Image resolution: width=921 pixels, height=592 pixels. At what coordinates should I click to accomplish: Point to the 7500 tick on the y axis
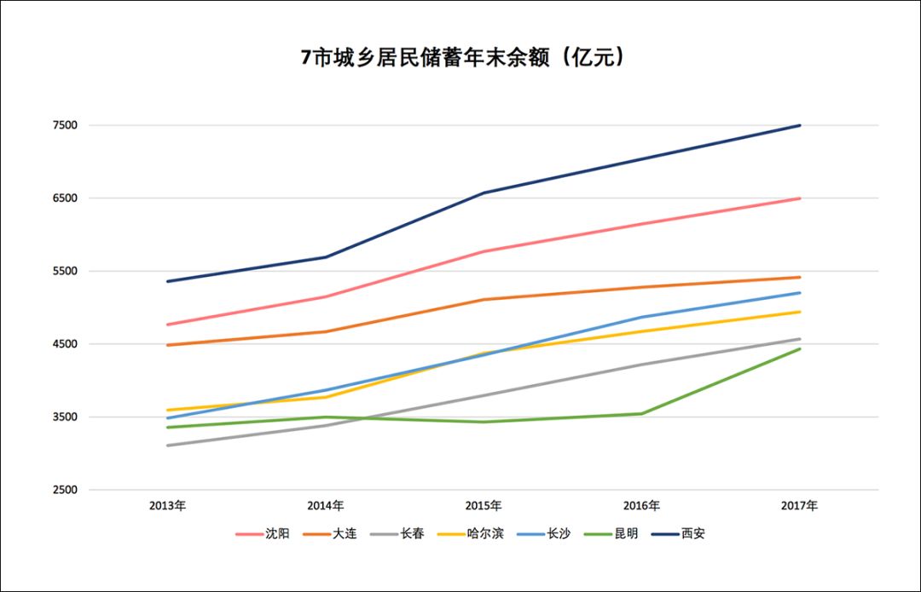(66, 125)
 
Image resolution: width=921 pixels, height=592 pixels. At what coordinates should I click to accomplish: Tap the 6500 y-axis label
(66, 198)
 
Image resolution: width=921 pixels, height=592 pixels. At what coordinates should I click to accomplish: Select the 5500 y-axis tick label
(66, 272)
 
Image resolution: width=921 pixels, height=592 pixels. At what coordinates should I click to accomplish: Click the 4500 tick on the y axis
(66, 344)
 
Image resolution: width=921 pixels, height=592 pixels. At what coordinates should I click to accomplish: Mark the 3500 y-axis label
(66, 417)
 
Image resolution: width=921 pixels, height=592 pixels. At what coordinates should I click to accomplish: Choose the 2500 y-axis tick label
(66, 491)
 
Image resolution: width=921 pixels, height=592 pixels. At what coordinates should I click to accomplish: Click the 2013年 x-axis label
(167, 506)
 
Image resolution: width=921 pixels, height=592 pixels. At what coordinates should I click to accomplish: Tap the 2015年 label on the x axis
(483, 506)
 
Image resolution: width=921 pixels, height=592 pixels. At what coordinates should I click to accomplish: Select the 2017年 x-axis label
(799, 506)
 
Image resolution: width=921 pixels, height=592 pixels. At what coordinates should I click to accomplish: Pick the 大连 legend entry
(345, 534)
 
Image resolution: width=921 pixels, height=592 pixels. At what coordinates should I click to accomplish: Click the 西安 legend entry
(692, 534)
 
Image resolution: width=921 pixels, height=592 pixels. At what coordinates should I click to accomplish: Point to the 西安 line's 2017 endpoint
(799, 125)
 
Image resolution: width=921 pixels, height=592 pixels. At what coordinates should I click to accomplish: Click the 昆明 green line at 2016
(641, 414)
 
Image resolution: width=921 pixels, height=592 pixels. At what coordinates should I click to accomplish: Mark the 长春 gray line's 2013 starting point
(168, 445)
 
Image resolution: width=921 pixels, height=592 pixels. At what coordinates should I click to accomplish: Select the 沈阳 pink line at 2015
(484, 251)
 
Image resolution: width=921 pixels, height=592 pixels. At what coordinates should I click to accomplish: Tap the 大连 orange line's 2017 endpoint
(799, 277)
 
